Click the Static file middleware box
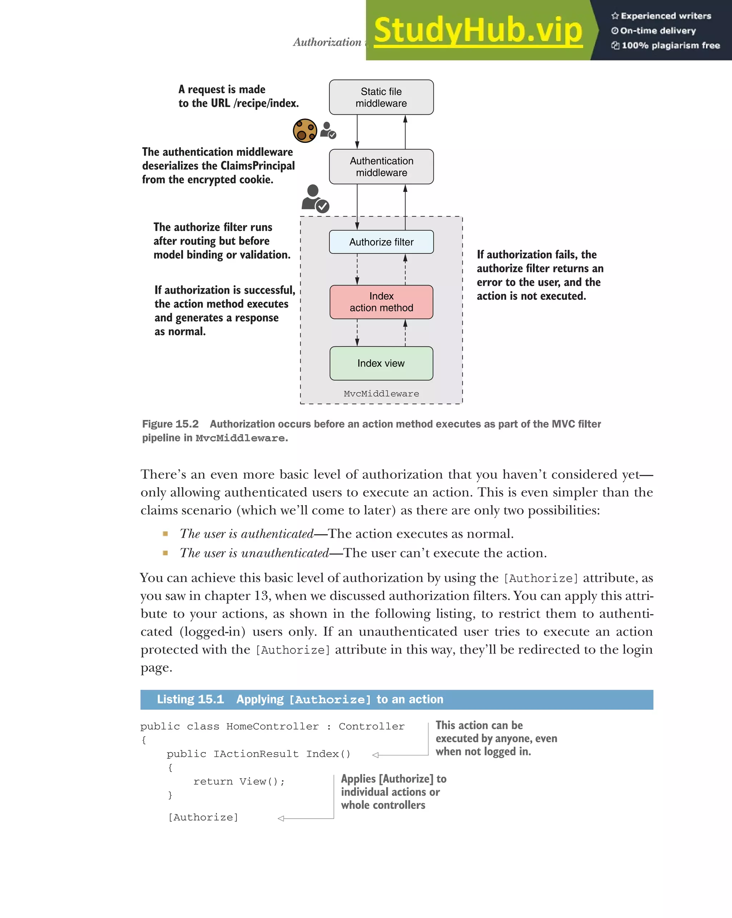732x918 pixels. coord(381,97)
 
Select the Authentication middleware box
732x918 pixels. coord(381,167)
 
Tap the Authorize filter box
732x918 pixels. coord(381,242)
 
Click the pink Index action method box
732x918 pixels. coord(381,302)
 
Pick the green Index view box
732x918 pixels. coord(381,363)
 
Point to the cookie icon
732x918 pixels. coord(305,131)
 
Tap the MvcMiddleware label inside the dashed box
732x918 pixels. coord(381,394)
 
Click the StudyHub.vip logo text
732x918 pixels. coord(478,31)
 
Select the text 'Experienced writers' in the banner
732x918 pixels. coord(666,16)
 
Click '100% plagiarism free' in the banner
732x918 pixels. coord(670,45)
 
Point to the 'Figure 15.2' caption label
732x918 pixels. coord(170,424)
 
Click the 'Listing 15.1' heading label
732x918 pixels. coord(191,700)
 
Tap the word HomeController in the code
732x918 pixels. coord(272,726)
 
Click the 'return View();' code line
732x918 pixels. coord(239,781)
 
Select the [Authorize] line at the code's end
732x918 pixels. coord(203,818)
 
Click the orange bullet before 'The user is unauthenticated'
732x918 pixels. coord(165,553)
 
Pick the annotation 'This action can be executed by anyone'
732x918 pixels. coord(496,738)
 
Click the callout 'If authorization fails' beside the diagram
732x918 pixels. coord(539,275)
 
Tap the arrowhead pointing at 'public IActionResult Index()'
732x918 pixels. coord(376,755)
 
